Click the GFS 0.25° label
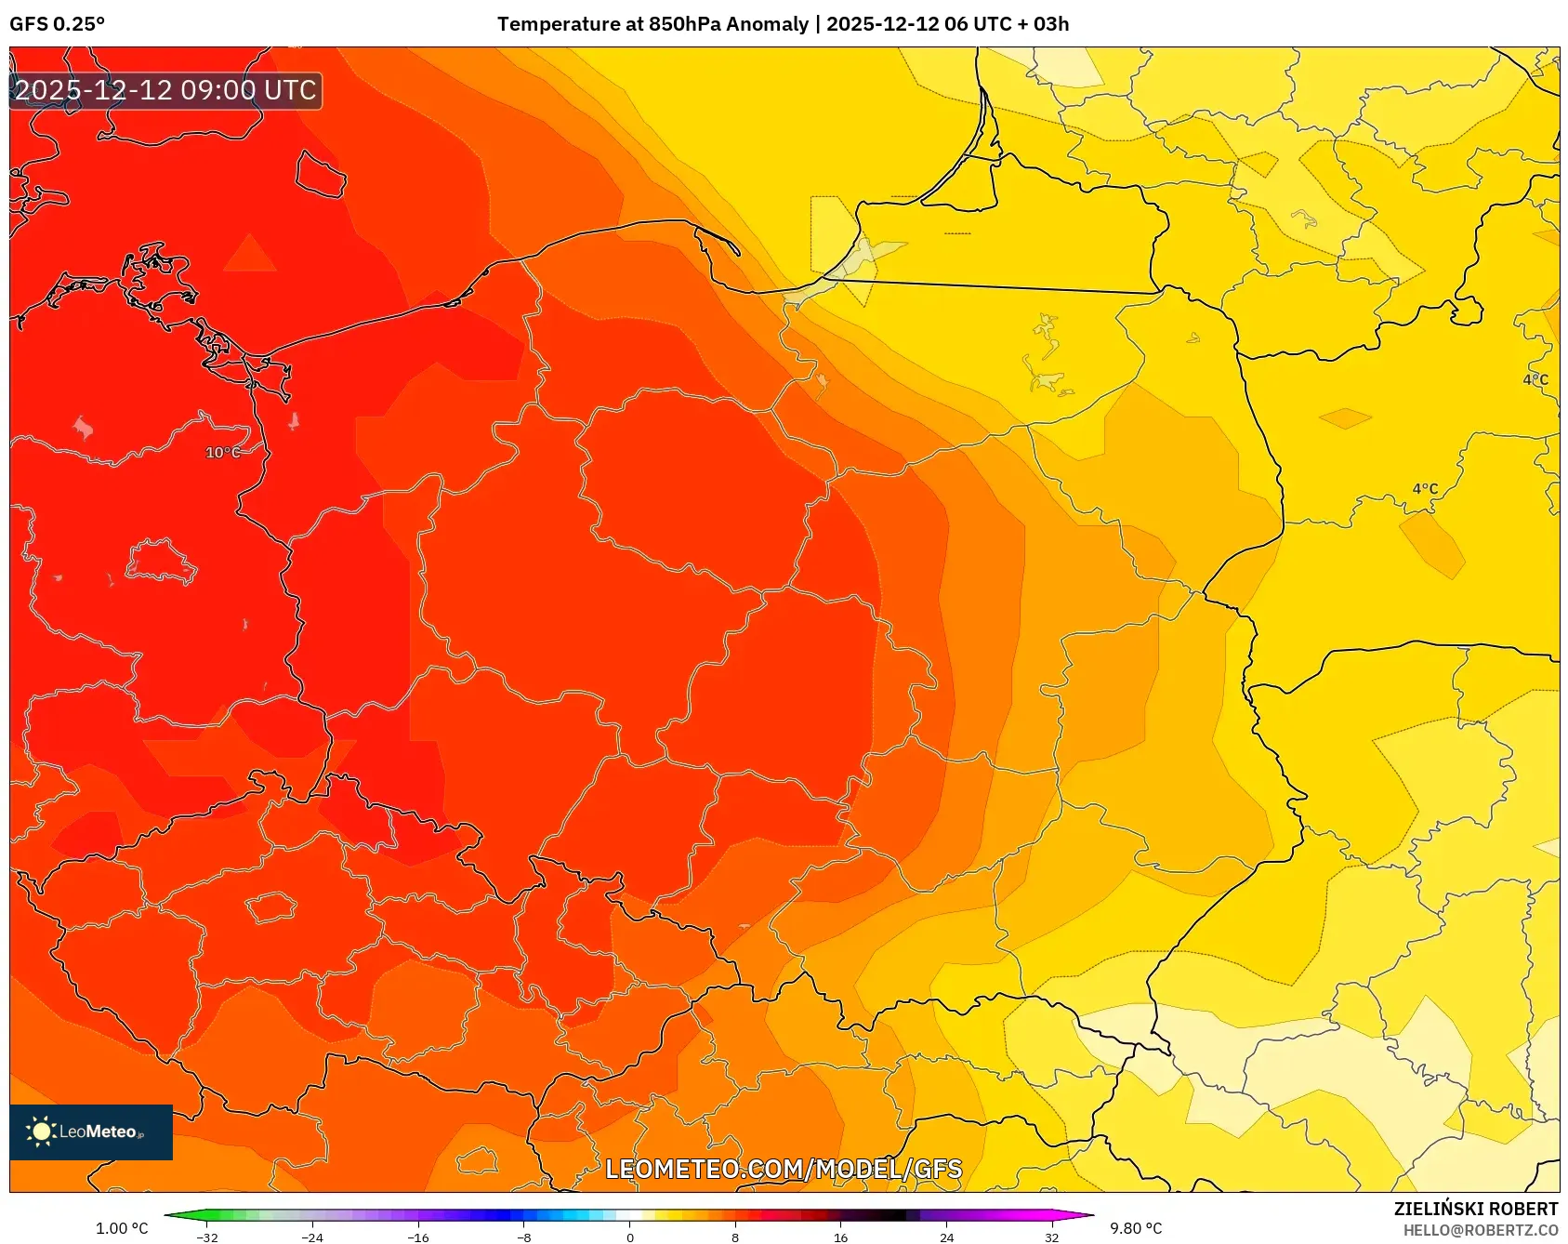click(57, 24)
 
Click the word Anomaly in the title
click(767, 24)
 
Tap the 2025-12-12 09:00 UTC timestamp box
click(165, 91)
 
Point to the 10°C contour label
click(223, 453)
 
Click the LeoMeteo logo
click(90, 1132)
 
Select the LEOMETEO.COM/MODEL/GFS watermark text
click(784, 1169)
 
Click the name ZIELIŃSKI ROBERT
click(1475, 1209)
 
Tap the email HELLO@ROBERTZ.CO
click(1480, 1230)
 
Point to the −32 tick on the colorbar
click(207, 1237)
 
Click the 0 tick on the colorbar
click(629, 1237)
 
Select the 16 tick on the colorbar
click(840, 1237)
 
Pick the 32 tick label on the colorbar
click(1051, 1237)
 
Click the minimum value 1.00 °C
click(122, 1228)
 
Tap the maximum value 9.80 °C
click(1136, 1228)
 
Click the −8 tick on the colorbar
click(524, 1237)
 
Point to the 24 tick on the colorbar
click(946, 1237)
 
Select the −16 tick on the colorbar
click(418, 1237)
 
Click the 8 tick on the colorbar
click(735, 1237)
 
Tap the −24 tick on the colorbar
click(312, 1237)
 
